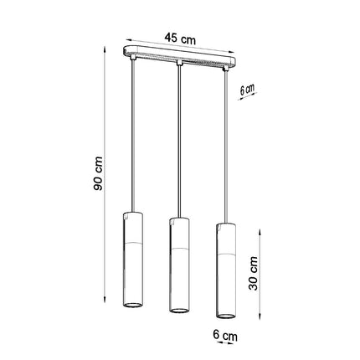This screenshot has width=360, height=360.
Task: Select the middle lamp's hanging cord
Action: coord(178,142)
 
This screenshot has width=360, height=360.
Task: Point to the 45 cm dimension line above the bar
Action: coord(179,47)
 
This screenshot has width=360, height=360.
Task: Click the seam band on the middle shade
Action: coord(178,248)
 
